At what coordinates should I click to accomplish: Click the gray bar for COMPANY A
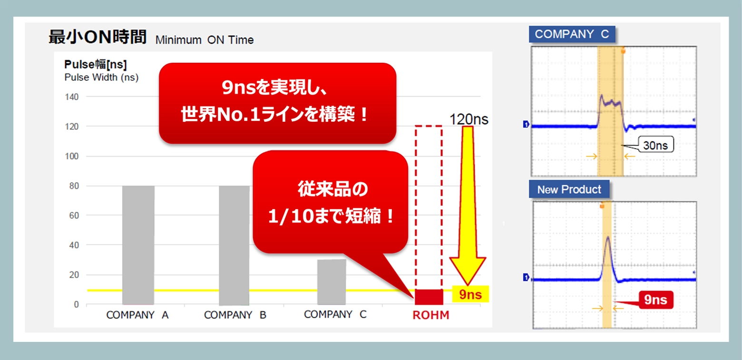click(138, 245)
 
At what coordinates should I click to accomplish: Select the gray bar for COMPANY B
click(234, 245)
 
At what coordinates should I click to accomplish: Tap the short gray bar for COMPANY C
click(332, 282)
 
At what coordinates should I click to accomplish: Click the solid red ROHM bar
click(429, 297)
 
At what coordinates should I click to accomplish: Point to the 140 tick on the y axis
click(72, 97)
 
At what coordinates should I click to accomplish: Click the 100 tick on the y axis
click(72, 156)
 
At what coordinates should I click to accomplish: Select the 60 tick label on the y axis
click(74, 215)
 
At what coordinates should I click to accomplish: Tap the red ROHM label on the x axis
click(431, 315)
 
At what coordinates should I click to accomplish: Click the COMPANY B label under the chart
click(235, 315)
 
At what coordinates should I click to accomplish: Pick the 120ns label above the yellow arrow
click(469, 119)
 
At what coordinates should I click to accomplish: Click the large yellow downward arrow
click(468, 205)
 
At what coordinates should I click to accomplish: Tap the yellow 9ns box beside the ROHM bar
click(470, 294)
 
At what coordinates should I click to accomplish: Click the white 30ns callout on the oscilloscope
click(655, 145)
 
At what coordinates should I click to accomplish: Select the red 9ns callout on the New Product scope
click(656, 300)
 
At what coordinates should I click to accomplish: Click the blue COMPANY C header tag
click(572, 34)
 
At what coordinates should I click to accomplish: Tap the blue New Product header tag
click(569, 189)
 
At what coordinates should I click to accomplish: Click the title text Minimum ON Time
click(205, 40)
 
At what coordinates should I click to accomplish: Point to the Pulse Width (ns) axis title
click(101, 78)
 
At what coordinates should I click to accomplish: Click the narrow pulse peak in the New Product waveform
click(608, 238)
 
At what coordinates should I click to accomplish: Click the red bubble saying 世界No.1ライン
click(278, 103)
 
